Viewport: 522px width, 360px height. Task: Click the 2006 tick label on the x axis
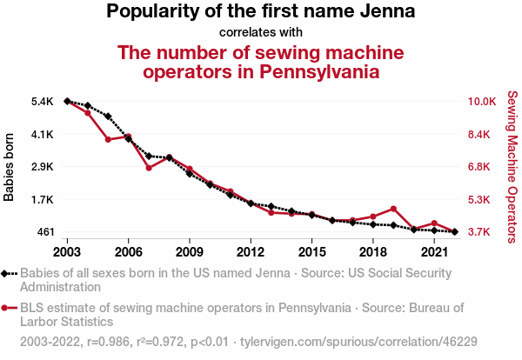pos(128,252)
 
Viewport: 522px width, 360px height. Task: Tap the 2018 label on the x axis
pos(372,252)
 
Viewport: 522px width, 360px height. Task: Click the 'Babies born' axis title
pos(10,167)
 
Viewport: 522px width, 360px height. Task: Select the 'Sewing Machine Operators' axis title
pos(512,167)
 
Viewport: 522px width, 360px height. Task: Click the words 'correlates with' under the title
pos(261,32)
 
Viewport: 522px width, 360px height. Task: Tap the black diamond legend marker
pos(10,273)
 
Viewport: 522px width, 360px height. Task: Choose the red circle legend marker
pos(10,307)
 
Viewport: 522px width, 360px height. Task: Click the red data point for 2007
pos(149,168)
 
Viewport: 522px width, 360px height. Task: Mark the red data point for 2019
pos(393,209)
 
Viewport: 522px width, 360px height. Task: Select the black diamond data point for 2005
pos(108,117)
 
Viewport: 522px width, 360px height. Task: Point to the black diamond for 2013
pos(271,206)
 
